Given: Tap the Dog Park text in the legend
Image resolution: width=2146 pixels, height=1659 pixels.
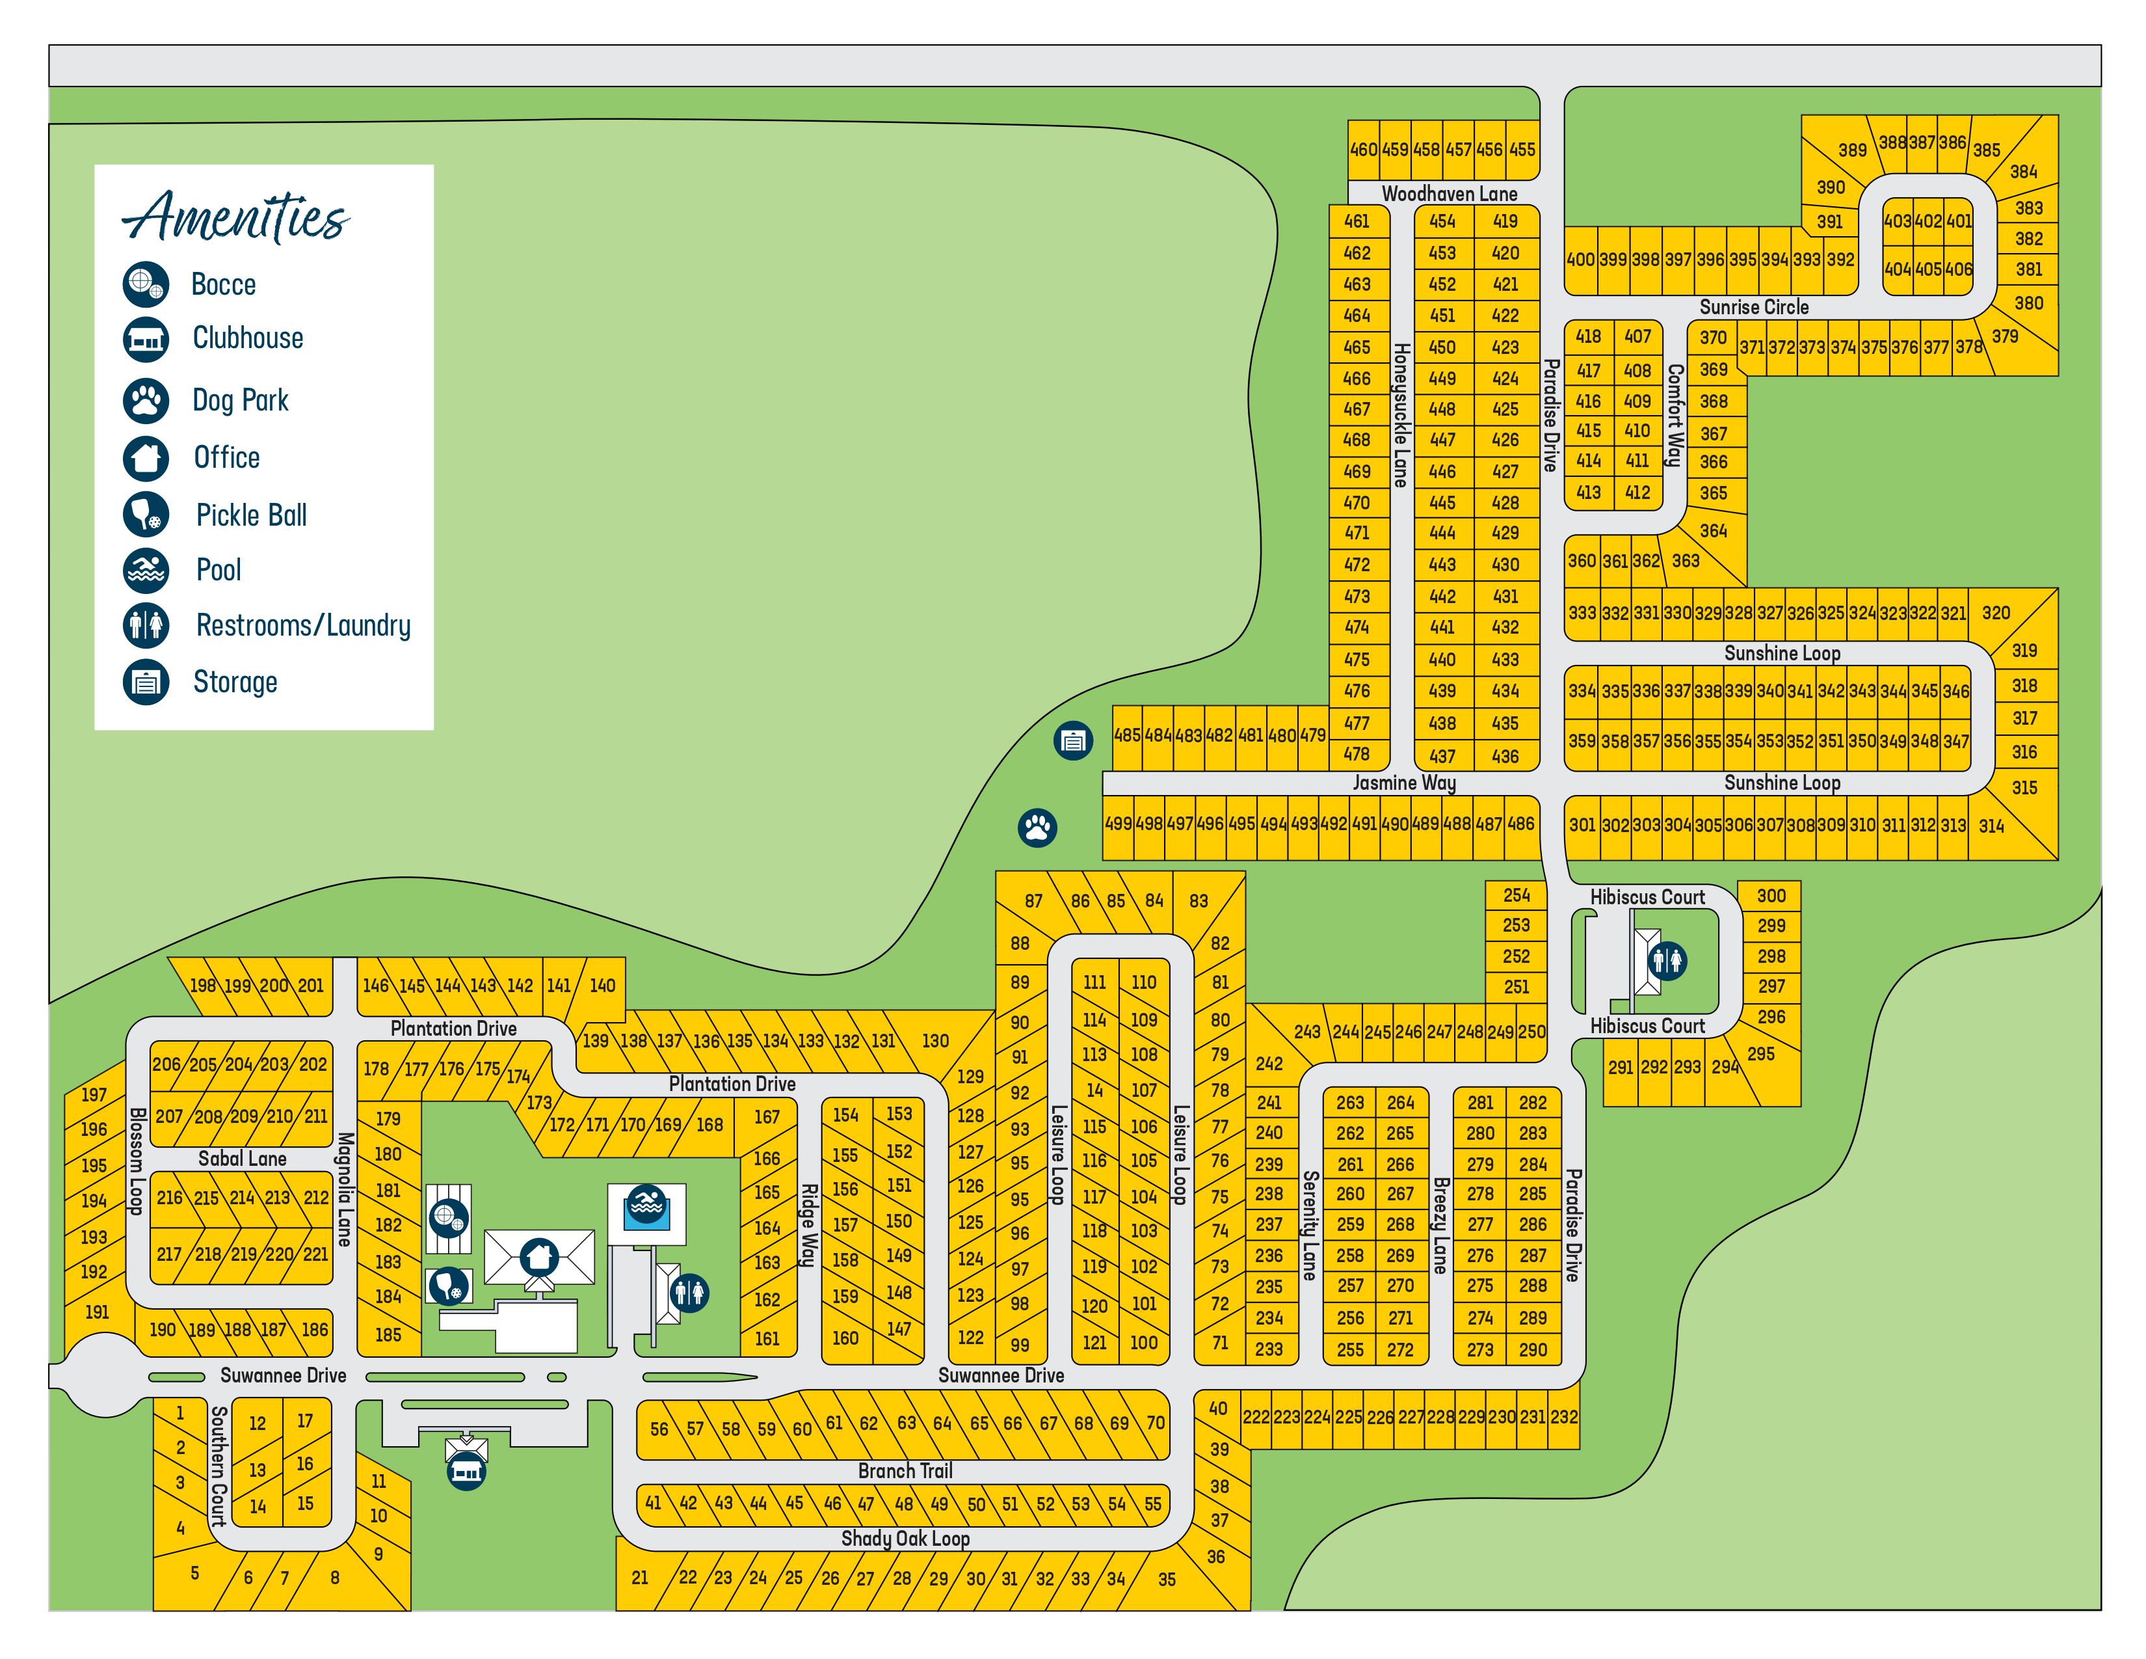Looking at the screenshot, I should click(x=240, y=400).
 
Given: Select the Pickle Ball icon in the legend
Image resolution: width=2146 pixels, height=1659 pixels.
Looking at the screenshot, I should click(x=146, y=513).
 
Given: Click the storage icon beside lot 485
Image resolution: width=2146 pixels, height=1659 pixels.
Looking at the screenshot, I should click(x=1073, y=740).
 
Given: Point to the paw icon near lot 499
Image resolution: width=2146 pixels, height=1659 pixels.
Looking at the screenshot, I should click(x=1037, y=828).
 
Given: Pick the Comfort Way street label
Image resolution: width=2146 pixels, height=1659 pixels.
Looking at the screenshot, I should click(x=1675, y=415).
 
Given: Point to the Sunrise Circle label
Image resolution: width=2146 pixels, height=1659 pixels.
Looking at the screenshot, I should click(x=1754, y=306).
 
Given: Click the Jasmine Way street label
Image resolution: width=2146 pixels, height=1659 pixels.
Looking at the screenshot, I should click(x=1403, y=782).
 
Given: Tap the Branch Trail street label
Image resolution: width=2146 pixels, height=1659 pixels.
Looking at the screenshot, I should click(x=905, y=1470).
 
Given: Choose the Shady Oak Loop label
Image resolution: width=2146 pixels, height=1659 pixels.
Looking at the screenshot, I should click(x=905, y=1538).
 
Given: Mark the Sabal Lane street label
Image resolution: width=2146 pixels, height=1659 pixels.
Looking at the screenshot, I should click(x=242, y=1158).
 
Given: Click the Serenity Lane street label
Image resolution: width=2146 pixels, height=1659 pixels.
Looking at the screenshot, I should click(x=1309, y=1224).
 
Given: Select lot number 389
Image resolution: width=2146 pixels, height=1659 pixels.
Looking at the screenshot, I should click(x=1852, y=150).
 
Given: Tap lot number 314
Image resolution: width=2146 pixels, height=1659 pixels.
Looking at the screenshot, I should click(x=1991, y=826).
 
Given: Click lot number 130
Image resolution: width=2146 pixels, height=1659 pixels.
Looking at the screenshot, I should click(x=934, y=1040).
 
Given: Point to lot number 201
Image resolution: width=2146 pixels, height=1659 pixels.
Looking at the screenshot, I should click(x=310, y=985).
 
